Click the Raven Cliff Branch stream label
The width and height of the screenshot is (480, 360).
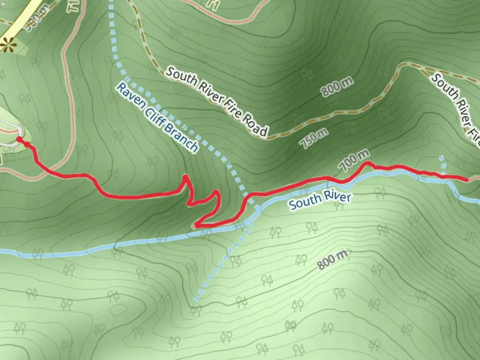157,118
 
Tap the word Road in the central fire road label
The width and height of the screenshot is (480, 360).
255,126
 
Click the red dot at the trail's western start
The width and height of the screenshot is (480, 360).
19,139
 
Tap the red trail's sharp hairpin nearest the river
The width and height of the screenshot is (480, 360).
196,226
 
